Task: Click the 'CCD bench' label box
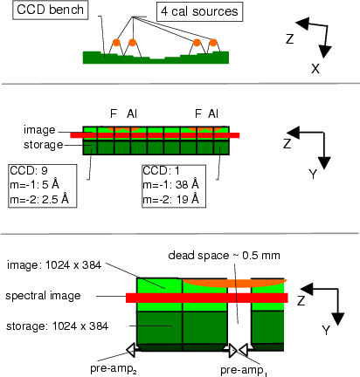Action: [x=50, y=10]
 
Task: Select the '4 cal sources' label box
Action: [x=199, y=11]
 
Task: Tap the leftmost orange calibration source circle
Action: [x=116, y=43]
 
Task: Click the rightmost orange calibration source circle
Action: [x=213, y=43]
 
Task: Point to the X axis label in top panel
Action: [x=315, y=69]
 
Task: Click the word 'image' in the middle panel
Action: [x=39, y=130]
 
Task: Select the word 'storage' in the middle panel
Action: [x=44, y=145]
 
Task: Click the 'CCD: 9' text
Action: [x=29, y=170]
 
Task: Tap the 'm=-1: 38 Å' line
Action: [x=170, y=184]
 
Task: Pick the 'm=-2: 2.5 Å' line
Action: [x=39, y=200]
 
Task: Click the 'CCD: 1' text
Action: [x=161, y=171]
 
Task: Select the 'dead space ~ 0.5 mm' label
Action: [x=224, y=256]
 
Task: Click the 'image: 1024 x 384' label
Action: [x=54, y=265]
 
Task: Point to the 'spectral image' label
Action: [x=43, y=296]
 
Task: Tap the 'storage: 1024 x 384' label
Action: [x=57, y=326]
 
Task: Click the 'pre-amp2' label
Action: [x=114, y=369]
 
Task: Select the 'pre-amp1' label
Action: [x=244, y=371]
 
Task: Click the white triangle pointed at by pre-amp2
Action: [x=131, y=350]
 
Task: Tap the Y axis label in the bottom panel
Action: [x=326, y=331]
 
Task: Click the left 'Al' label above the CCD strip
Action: [x=132, y=113]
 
